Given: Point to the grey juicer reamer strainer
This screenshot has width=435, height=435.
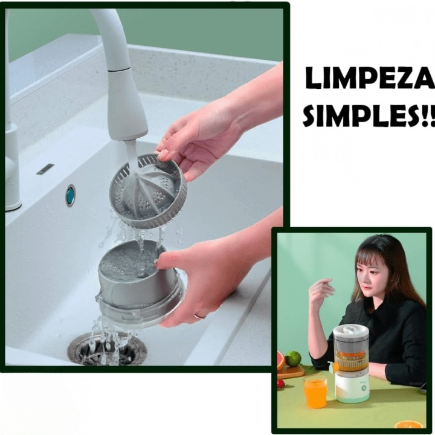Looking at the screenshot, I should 147,190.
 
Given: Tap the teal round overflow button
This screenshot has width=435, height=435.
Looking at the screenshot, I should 71,195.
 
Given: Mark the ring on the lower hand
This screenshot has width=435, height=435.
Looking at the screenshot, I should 200,316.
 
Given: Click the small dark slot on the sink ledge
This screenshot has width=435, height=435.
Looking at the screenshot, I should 45,169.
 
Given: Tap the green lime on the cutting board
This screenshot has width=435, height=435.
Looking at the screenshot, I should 294,359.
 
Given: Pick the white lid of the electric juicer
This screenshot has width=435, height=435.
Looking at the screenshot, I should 351,331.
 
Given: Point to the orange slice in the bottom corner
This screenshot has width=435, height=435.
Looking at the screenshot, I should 408,424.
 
